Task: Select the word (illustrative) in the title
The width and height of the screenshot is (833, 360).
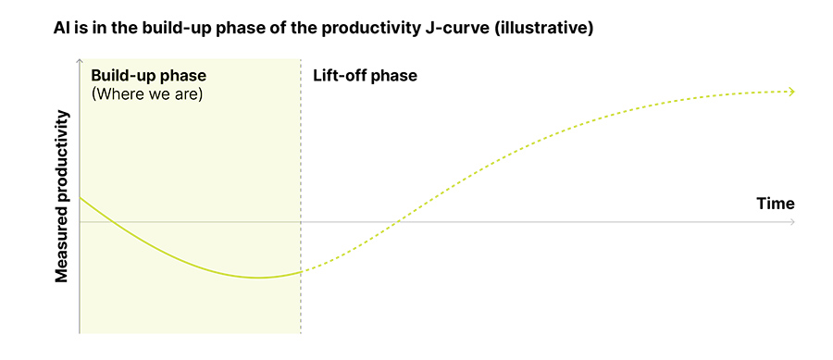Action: (x=547, y=29)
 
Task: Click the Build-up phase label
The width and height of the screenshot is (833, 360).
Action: (x=148, y=75)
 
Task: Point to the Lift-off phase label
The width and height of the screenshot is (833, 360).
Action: (x=366, y=75)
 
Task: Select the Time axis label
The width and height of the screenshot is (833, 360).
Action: (x=775, y=204)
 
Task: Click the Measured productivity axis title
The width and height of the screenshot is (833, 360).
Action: (x=62, y=196)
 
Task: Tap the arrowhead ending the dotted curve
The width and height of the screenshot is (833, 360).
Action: (x=791, y=91)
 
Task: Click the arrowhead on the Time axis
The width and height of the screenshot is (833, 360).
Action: (x=791, y=222)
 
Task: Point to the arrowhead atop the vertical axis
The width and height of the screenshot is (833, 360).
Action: (x=81, y=62)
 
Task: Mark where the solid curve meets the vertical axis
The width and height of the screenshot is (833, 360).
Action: (x=81, y=198)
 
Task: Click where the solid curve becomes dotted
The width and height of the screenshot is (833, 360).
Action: (x=301, y=271)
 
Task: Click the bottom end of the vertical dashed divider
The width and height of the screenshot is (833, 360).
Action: (x=301, y=331)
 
